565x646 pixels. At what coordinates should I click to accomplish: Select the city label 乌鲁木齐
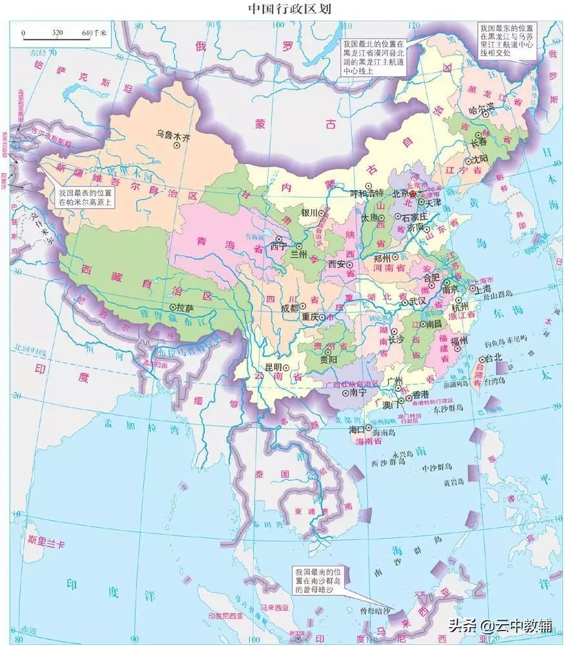click(173, 136)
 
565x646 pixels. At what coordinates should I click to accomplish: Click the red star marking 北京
click(413, 194)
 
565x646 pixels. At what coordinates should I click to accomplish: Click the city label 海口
click(357, 429)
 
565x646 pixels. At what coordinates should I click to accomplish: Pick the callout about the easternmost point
click(508, 41)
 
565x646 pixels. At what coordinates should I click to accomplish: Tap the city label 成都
click(290, 309)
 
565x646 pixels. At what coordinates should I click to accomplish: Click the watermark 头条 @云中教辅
click(500, 625)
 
